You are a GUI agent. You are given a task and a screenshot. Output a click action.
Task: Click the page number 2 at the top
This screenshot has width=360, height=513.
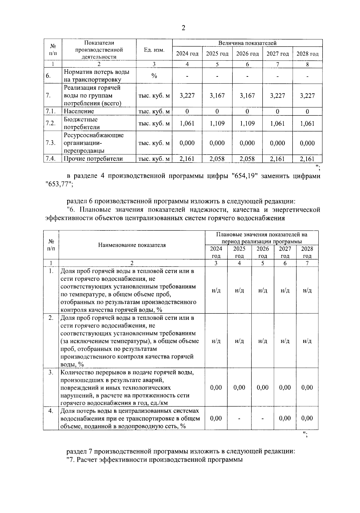pos(183,28)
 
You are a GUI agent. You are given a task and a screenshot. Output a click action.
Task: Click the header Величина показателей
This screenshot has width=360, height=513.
pos(247,43)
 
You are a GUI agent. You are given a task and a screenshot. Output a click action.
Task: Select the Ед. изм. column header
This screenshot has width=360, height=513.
pos(154,50)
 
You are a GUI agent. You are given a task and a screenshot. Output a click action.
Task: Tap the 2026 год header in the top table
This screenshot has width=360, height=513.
pos(247,54)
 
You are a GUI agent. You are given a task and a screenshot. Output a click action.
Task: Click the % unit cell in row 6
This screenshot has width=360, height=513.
pos(154,76)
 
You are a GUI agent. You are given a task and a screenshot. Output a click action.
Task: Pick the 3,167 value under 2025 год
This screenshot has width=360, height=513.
pos(217,96)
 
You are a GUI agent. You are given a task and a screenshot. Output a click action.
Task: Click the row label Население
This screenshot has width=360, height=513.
pos(79,111)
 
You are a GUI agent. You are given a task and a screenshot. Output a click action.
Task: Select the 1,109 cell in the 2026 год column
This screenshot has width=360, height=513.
pos(247,123)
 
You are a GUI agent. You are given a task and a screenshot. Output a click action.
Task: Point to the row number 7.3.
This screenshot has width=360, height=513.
pos(51,143)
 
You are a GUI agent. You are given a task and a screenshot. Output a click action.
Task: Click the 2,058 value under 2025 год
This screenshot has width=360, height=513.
pos(217,159)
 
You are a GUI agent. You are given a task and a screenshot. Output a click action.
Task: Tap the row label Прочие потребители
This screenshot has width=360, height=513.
pos(93,159)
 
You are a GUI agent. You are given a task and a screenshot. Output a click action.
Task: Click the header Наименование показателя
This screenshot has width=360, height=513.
pos(132,245)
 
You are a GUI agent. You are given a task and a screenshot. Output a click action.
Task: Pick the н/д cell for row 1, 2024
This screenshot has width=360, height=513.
pos(216,290)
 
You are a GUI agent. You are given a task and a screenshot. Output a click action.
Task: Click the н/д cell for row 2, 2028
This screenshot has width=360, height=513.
pos(307,341)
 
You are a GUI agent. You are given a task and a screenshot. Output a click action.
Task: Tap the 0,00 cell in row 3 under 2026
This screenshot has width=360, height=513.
pos(262,388)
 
